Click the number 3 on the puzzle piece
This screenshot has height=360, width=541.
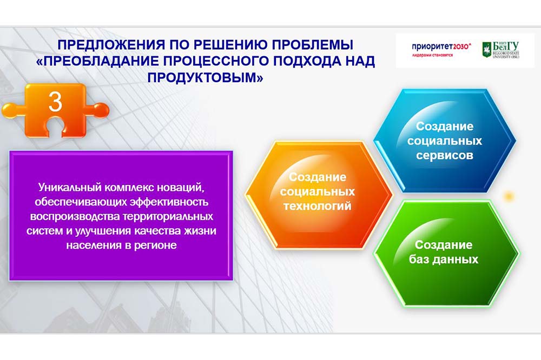pos(55,102)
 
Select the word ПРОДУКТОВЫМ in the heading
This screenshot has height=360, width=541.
pos(205,77)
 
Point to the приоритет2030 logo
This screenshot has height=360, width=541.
pos(441,46)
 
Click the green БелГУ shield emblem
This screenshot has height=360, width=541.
pos(486,50)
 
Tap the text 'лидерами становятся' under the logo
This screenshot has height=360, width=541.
pos(432,55)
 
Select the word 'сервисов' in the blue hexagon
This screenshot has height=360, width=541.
pos(444,156)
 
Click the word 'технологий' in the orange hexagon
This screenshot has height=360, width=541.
pos(318,206)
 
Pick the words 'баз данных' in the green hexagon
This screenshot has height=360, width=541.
pos(444,259)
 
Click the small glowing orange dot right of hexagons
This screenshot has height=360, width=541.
pos(508,197)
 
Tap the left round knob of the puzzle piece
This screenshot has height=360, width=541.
pos(10,111)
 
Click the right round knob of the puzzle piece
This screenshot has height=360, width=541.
pos(101,110)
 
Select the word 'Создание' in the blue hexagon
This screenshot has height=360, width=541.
pos(444,126)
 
